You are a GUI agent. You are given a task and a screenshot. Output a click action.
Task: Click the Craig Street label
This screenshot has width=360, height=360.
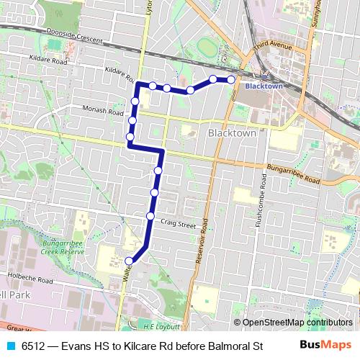(178, 225)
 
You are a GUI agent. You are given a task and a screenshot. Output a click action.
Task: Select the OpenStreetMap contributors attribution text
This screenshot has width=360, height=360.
(297, 323)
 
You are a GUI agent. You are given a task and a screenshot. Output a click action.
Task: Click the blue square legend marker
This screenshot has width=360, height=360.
(9, 346)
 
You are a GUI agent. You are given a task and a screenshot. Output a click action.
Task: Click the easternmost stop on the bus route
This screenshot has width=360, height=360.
(231, 79)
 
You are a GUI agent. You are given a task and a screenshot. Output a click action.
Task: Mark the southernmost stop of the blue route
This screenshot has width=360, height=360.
(129, 261)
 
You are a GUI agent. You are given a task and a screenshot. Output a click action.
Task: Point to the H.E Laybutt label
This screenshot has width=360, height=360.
(162, 326)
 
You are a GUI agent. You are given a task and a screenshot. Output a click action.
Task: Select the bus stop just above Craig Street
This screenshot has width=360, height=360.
(150, 216)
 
